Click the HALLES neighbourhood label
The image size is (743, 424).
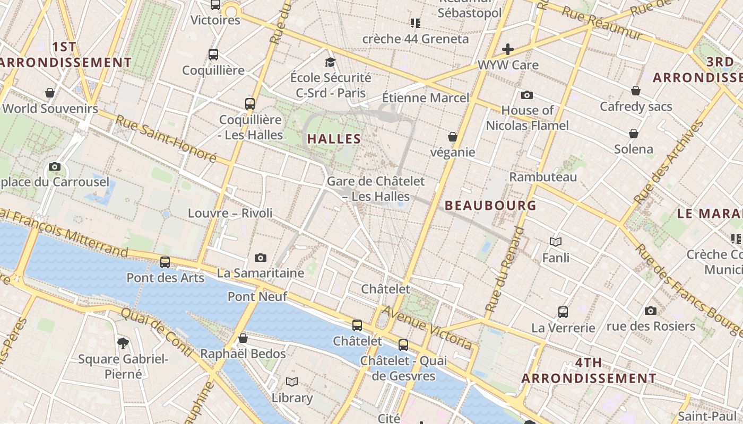coord(334,139)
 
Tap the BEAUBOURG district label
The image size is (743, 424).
coord(490,205)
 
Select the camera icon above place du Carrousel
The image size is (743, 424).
coord(54,166)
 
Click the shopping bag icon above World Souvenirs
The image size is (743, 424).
coord(50,93)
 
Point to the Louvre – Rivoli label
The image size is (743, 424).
coord(230,213)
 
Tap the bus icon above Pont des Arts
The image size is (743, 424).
coord(165,262)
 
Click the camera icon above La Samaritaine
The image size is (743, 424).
coord(261,258)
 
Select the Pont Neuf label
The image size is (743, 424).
coord(257,296)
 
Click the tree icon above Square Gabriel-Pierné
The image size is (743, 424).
coord(123,343)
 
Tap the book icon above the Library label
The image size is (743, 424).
coord(292,382)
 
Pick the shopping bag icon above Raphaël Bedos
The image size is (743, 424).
coord(243,338)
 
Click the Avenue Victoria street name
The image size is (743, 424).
coord(427,328)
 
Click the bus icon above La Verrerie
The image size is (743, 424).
coord(563,312)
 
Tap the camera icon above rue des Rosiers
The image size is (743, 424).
coord(651,311)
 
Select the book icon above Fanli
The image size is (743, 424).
coord(556,242)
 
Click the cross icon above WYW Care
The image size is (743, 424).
coord(508,49)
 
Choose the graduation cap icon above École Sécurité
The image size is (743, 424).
coord(331,62)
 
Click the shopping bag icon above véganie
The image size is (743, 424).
coord(453,137)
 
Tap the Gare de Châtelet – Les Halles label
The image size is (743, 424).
coord(376,189)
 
